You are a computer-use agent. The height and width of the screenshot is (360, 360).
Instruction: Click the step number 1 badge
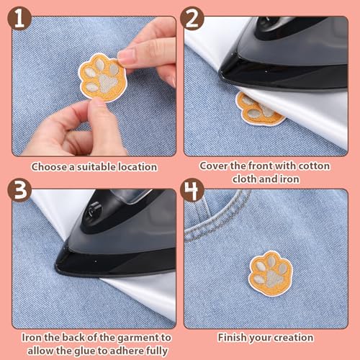click(19, 19)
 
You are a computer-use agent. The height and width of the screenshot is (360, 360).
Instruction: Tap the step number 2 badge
click(192, 19)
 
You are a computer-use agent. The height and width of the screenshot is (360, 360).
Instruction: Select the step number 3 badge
click(19, 190)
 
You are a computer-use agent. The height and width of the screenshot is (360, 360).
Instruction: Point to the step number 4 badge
click(192, 190)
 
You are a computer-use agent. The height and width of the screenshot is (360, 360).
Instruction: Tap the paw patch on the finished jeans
click(271, 273)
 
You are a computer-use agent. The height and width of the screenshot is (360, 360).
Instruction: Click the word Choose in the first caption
click(50, 167)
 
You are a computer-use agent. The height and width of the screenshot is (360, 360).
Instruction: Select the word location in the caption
click(138, 167)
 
